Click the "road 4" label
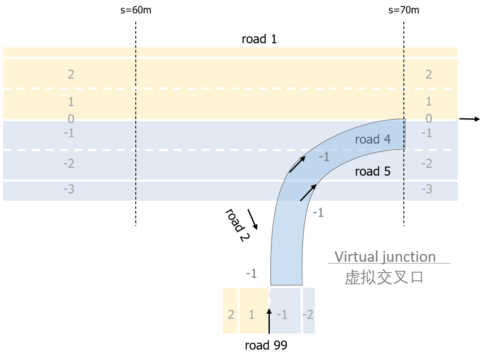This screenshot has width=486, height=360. click(x=372, y=139)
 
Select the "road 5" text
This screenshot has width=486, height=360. click(x=372, y=171)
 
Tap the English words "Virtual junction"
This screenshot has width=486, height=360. click(x=385, y=257)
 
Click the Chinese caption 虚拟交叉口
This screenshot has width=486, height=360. click(x=384, y=277)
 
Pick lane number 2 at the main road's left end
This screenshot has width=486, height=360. click(x=71, y=74)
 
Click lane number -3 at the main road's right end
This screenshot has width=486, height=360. click(x=426, y=189)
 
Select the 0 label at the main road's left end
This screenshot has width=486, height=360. click(x=71, y=119)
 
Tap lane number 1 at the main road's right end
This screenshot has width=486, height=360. click(x=428, y=101)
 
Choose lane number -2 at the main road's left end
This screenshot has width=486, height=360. click(x=69, y=164)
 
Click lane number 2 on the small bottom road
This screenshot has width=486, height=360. click(x=231, y=315)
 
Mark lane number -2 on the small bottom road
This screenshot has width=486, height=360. click(x=307, y=315)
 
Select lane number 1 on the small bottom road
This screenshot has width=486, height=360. click(x=252, y=315)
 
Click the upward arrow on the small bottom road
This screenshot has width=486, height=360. click(x=269, y=321)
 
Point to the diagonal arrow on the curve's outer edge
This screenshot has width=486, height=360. click(x=297, y=164)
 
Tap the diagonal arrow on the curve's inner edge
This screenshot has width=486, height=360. click(x=308, y=193)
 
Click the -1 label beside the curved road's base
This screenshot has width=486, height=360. click(x=251, y=273)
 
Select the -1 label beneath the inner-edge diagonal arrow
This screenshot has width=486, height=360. click(x=318, y=212)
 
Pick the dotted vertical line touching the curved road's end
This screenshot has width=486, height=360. click(x=404, y=173)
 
